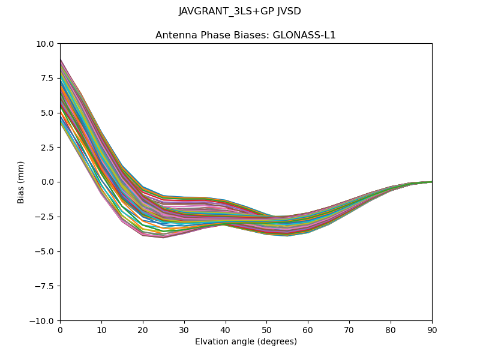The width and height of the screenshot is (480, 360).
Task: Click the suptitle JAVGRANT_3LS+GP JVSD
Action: click(x=239, y=11)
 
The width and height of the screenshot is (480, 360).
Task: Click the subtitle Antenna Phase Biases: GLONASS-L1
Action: click(x=245, y=35)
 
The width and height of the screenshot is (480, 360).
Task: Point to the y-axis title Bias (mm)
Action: click(x=21, y=182)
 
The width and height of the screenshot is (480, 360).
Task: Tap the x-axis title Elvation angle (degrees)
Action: click(x=245, y=341)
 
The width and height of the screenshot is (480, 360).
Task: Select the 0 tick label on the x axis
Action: click(x=60, y=329)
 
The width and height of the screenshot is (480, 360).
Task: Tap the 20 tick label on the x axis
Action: click(x=143, y=329)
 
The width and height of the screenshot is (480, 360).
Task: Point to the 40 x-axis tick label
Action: click(x=226, y=329)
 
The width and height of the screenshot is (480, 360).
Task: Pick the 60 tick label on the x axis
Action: click(x=308, y=329)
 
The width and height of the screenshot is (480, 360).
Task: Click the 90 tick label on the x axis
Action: click(x=432, y=329)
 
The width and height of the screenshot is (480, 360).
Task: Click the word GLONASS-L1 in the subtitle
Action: click(x=304, y=35)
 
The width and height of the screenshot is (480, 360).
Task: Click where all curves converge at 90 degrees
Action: click(x=431, y=182)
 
